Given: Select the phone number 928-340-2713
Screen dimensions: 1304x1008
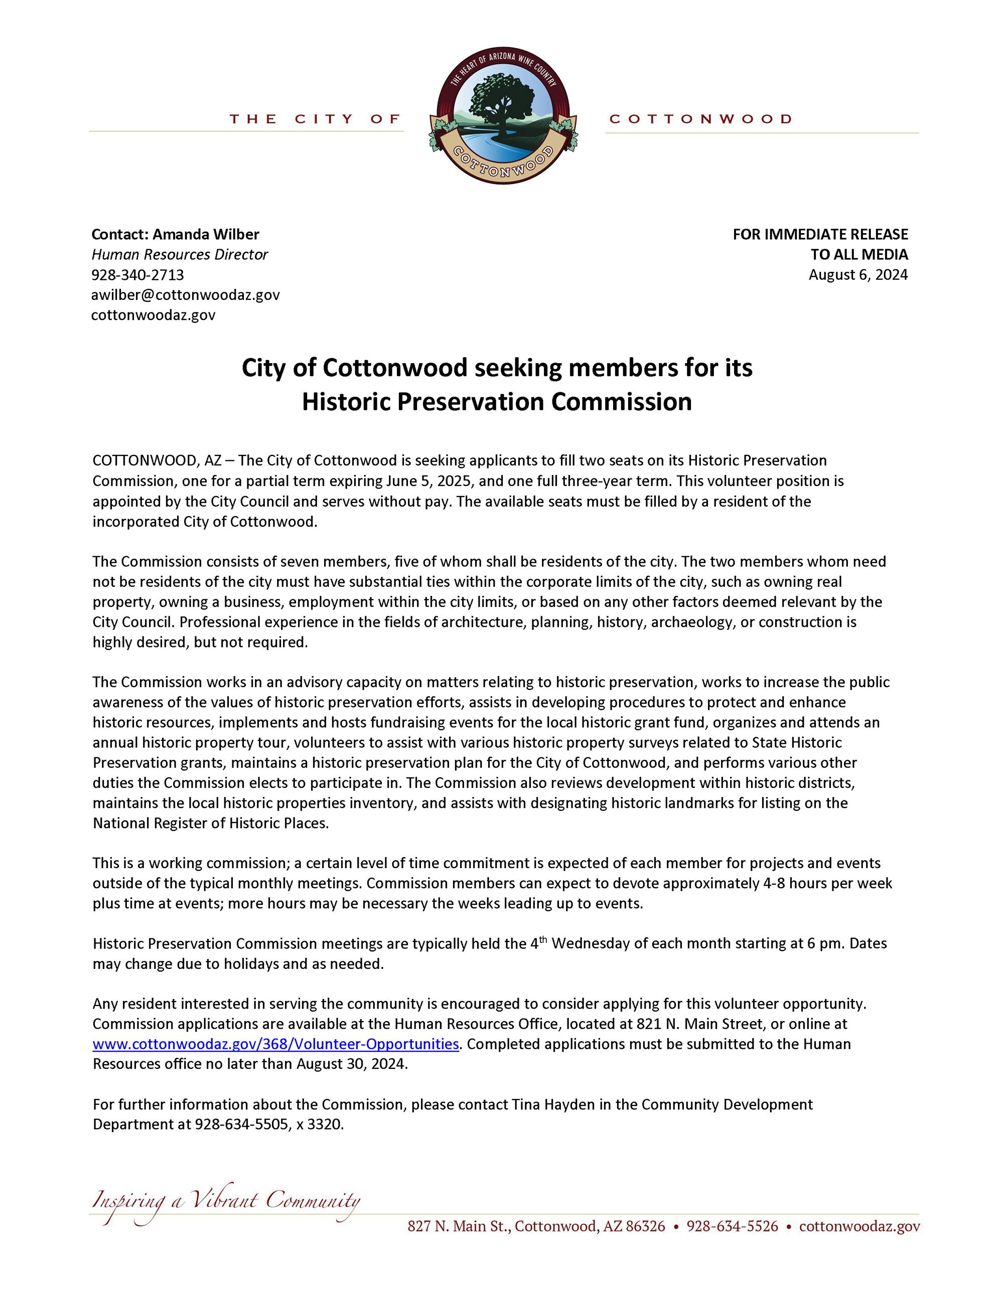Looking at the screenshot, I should point(137,275).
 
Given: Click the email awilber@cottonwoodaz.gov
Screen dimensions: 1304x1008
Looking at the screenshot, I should point(185,295).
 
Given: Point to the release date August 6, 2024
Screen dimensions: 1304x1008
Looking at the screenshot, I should point(858,275).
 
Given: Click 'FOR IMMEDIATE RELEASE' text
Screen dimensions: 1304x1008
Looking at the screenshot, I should point(820,234).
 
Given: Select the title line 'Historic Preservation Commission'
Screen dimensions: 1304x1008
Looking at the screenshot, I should point(497,402).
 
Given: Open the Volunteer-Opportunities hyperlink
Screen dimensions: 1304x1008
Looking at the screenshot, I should point(276,1044).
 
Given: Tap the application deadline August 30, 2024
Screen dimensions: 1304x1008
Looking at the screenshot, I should point(352,1065).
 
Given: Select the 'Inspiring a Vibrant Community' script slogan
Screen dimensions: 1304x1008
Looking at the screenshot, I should point(226,1201).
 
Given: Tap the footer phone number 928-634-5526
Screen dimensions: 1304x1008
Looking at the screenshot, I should point(732,1226).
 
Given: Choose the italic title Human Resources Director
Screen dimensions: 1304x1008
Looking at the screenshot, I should point(179,254).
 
